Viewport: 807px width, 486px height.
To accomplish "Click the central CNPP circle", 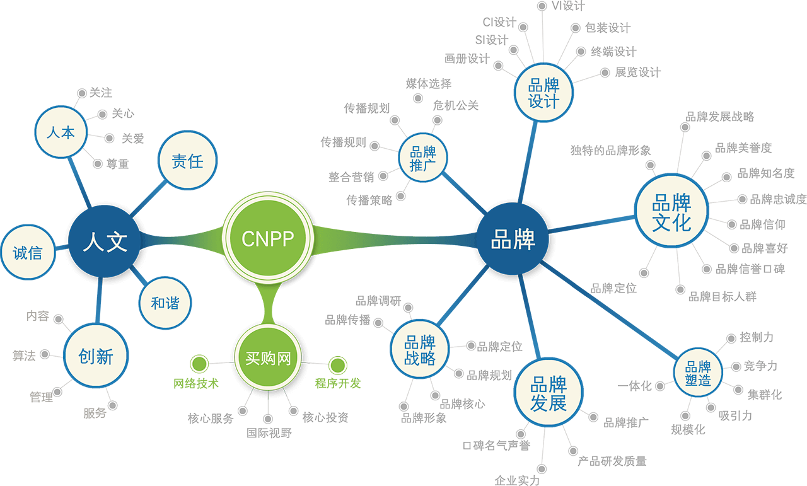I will point(268,238).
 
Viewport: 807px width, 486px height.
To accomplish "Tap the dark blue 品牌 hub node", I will point(513,240).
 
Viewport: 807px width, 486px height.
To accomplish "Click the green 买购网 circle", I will point(267,358).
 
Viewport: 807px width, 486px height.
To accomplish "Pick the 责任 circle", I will point(187,161).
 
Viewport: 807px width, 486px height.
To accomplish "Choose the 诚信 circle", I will point(28,252).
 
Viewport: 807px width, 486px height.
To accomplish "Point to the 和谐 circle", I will point(165,303).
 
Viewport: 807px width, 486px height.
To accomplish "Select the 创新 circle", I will point(96,356).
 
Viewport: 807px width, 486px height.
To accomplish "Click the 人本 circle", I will point(61,132).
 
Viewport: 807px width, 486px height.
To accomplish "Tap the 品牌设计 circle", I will point(543,93).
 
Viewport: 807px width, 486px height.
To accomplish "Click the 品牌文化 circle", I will point(671,212).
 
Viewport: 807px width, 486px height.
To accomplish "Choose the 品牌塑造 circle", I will point(697,373).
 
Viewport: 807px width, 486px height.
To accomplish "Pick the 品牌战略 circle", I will point(420,350).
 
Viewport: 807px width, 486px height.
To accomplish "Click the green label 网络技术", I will point(196,383).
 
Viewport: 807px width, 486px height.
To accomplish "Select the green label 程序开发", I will point(338,383).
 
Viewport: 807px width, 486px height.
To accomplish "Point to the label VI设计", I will point(568,6).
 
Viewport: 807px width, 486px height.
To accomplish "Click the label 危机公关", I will point(455,105).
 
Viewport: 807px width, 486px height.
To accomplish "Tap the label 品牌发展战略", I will point(719,117).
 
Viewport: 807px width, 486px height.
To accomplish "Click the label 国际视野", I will point(269,433).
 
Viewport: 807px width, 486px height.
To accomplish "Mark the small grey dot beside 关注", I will point(81,93).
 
